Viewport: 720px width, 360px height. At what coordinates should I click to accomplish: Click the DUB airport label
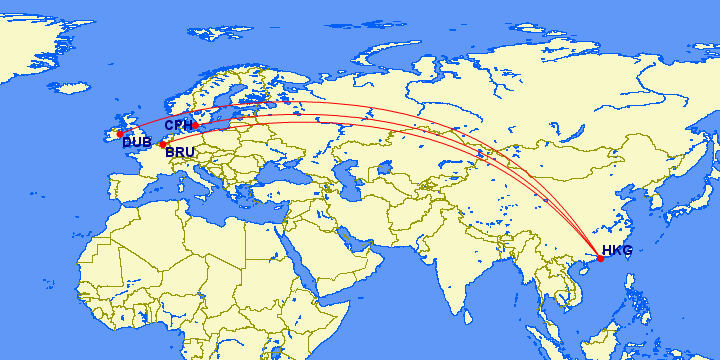pos(136,143)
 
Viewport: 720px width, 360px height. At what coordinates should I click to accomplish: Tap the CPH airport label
pos(178,126)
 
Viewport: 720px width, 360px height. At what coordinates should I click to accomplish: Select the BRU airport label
pos(180,153)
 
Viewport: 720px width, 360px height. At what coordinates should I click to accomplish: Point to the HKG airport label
pos(617,251)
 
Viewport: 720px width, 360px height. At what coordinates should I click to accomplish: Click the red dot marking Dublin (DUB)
pos(120,134)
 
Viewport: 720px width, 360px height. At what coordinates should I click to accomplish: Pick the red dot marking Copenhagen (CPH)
pos(195,125)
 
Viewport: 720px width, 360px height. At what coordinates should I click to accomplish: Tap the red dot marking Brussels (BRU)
pos(162,145)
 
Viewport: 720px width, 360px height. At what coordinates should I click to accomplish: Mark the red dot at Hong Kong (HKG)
pos(600,259)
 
